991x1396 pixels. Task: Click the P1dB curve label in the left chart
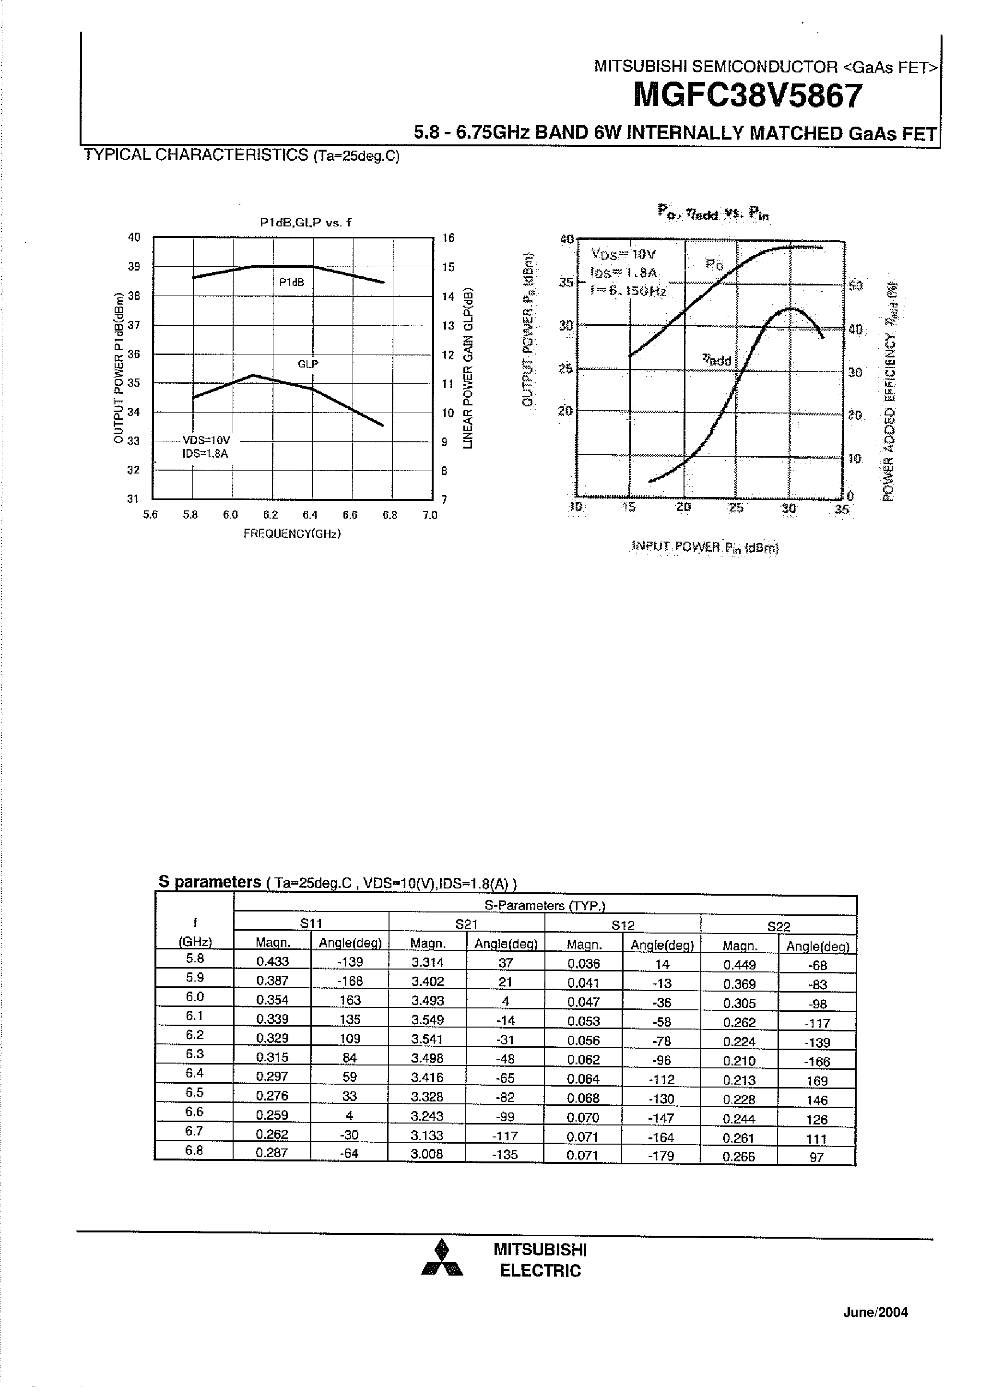(292, 283)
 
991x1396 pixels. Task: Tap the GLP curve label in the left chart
(307, 364)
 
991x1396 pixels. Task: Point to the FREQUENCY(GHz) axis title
(292, 534)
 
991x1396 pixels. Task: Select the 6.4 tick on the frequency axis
(310, 515)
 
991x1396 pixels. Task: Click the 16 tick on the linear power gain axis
(448, 238)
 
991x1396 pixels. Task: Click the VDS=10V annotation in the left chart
(206, 440)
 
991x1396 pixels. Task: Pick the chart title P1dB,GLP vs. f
(306, 223)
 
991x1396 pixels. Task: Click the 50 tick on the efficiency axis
(855, 285)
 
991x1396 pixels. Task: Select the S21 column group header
(466, 924)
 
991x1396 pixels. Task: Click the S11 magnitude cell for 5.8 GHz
(272, 961)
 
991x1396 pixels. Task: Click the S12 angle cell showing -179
(661, 1155)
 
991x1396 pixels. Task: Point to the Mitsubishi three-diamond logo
(442, 1259)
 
